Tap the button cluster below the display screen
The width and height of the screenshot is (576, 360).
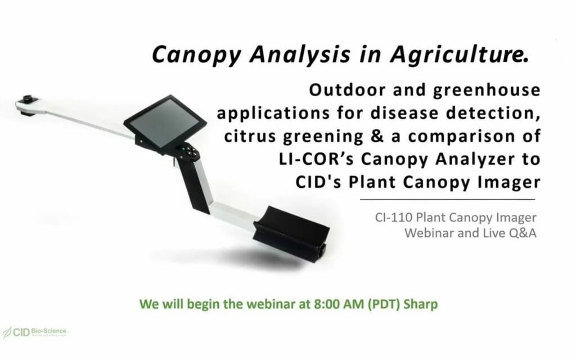pyautogui.click(x=189, y=151)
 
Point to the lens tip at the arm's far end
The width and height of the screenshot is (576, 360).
pyautogui.click(x=26, y=101)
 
